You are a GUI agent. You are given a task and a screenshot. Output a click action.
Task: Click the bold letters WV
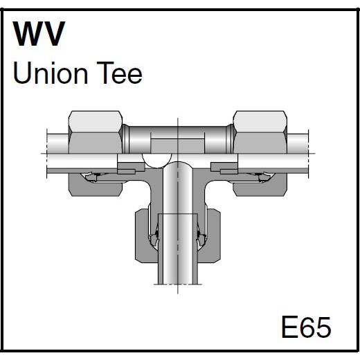(x=39, y=34)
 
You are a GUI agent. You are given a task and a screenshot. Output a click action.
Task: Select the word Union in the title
(x=51, y=73)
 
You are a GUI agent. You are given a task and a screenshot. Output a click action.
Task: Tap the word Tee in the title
(x=120, y=73)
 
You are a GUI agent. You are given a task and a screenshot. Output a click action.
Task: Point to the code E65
(x=306, y=327)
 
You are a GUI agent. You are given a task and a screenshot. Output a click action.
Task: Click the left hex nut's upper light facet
(x=96, y=122)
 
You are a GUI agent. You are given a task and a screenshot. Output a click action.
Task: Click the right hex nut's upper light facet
(x=260, y=122)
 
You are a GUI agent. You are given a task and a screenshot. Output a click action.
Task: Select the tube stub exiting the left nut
(x=57, y=143)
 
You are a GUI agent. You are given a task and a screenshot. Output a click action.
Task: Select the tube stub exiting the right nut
(x=298, y=143)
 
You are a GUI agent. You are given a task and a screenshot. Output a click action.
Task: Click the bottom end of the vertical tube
(x=178, y=284)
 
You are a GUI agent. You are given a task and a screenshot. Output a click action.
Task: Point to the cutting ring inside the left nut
(x=93, y=177)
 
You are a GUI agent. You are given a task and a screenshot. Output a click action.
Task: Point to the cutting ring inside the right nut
(x=262, y=177)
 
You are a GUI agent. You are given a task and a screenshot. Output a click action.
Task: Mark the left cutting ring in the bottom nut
(x=154, y=240)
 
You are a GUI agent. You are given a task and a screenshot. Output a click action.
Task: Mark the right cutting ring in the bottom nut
(x=201, y=240)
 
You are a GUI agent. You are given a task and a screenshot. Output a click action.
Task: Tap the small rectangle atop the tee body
(x=177, y=146)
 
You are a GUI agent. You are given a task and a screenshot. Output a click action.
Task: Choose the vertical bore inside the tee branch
(x=178, y=188)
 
